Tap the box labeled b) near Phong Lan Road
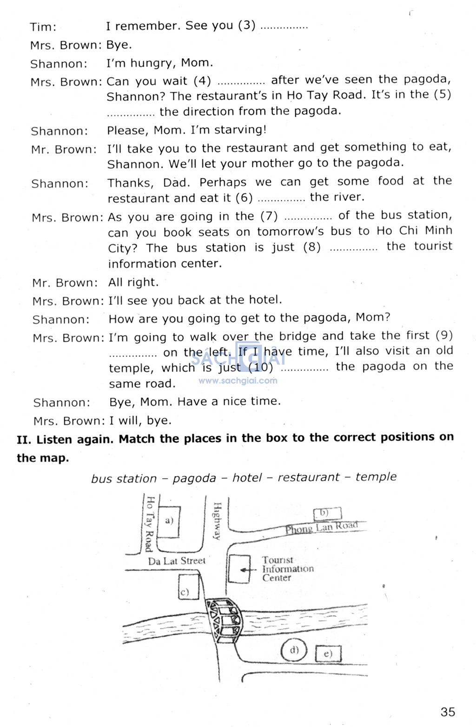click(x=327, y=514)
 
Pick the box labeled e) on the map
click(x=328, y=654)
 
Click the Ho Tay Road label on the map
click(x=150, y=524)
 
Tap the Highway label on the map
click(x=217, y=521)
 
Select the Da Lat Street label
click(x=177, y=561)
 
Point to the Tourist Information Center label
click(x=288, y=569)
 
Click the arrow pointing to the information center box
click(x=248, y=570)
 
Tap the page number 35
click(x=448, y=712)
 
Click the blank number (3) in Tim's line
click(x=247, y=25)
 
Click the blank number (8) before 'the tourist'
click(x=312, y=247)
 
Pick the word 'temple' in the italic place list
click(x=376, y=477)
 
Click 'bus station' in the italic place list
click(x=124, y=479)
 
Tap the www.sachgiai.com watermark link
click(x=238, y=381)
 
